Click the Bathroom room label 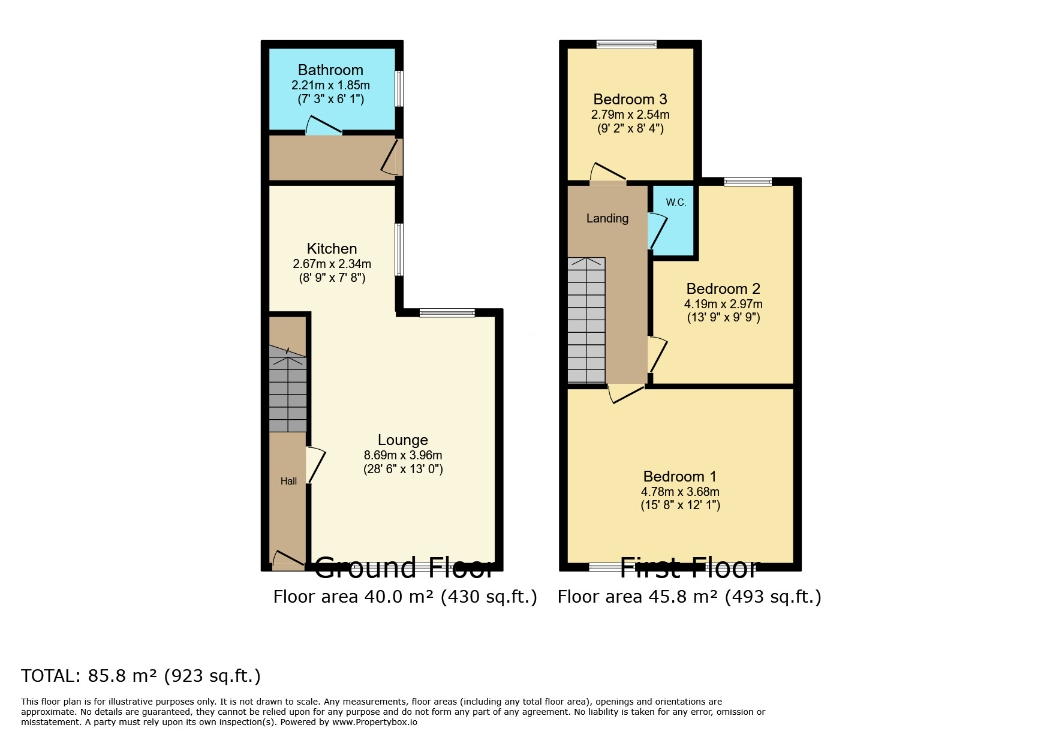(x=330, y=70)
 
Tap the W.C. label (x=676, y=203)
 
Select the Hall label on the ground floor (x=288, y=481)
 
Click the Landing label (x=607, y=218)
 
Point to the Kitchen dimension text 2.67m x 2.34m (x=332, y=264)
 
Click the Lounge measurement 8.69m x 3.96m (x=402, y=455)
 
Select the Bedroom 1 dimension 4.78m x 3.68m (x=680, y=492)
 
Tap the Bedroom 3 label (x=630, y=100)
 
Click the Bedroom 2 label (x=723, y=289)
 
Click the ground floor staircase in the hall (x=288, y=393)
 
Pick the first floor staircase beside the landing (x=586, y=321)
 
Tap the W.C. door (x=657, y=231)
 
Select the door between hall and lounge (x=315, y=465)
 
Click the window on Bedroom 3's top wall (x=626, y=44)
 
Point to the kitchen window (x=399, y=249)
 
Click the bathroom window (x=399, y=89)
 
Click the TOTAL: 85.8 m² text (x=141, y=676)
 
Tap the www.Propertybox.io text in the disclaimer (x=374, y=722)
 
